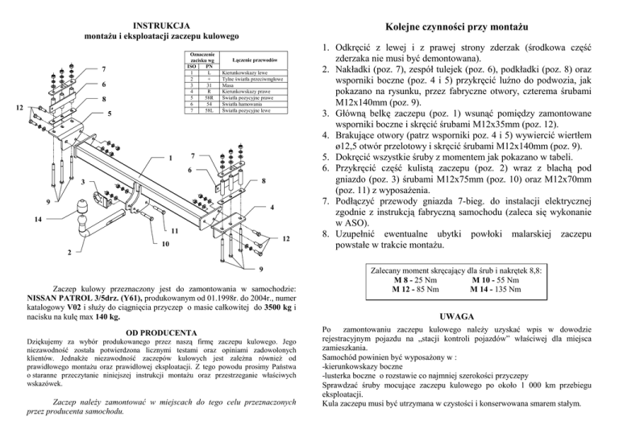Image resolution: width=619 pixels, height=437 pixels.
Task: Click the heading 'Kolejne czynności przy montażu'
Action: [x=468, y=25]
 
